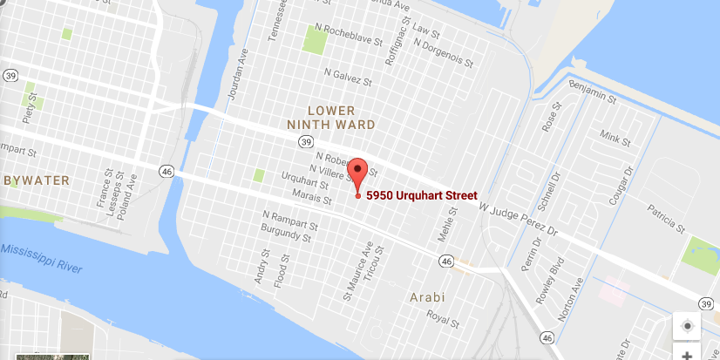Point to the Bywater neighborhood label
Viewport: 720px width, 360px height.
(x=36, y=180)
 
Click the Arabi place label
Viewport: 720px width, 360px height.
(x=427, y=297)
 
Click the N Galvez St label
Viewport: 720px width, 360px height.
(x=349, y=74)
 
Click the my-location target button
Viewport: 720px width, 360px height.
(x=687, y=326)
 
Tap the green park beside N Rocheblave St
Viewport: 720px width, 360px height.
(x=313, y=37)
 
